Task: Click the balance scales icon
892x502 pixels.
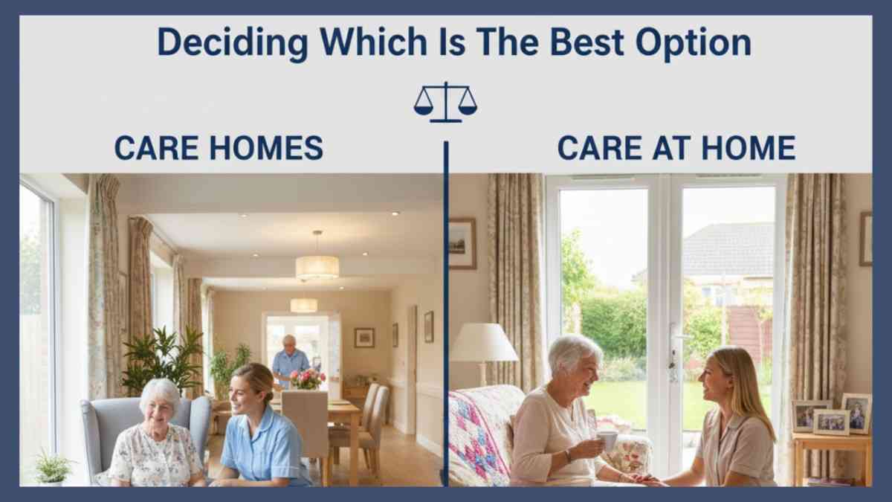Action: pyautogui.click(x=445, y=103)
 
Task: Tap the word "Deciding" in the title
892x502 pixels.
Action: pyautogui.click(x=233, y=43)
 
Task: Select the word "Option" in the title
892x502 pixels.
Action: pyautogui.click(x=694, y=43)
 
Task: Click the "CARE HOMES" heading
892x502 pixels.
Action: pyautogui.click(x=219, y=148)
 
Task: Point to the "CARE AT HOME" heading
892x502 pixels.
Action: pyautogui.click(x=676, y=148)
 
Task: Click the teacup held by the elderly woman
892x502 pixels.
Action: pyautogui.click(x=607, y=440)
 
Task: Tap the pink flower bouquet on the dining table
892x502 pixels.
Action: pyautogui.click(x=308, y=379)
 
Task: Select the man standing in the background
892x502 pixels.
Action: pyautogui.click(x=290, y=361)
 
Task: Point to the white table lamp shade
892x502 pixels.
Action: pyautogui.click(x=484, y=343)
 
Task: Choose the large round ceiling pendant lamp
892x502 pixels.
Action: pyautogui.click(x=317, y=268)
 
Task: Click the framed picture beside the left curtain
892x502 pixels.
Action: pyautogui.click(x=462, y=243)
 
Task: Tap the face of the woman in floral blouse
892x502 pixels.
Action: pyautogui.click(x=159, y=408)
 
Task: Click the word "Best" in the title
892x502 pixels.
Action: pyautogui.click(x=586, y=42)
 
